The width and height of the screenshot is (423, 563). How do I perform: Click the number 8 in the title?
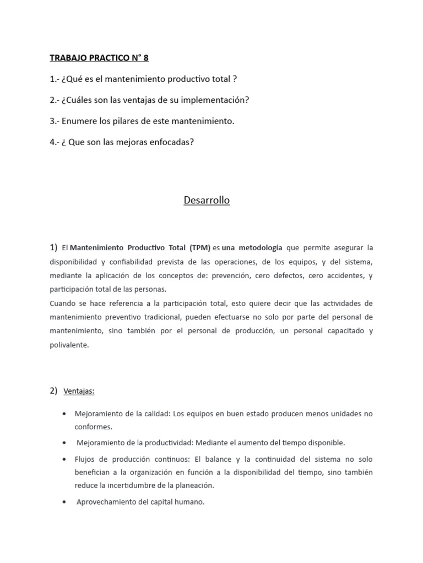tap(145, 58)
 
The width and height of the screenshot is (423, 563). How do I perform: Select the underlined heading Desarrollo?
tap(207, 200)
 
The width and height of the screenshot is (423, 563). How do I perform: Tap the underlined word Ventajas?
tap(79, 391)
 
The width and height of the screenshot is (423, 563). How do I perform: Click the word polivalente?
tap(68, 345)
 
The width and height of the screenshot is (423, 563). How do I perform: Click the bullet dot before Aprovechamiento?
tap(66, 501)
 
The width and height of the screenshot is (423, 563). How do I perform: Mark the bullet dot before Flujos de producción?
tap(66, 459)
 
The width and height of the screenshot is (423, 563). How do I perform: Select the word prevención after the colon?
tap(242, 275)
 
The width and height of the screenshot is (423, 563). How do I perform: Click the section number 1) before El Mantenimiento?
tap(53, 247)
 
